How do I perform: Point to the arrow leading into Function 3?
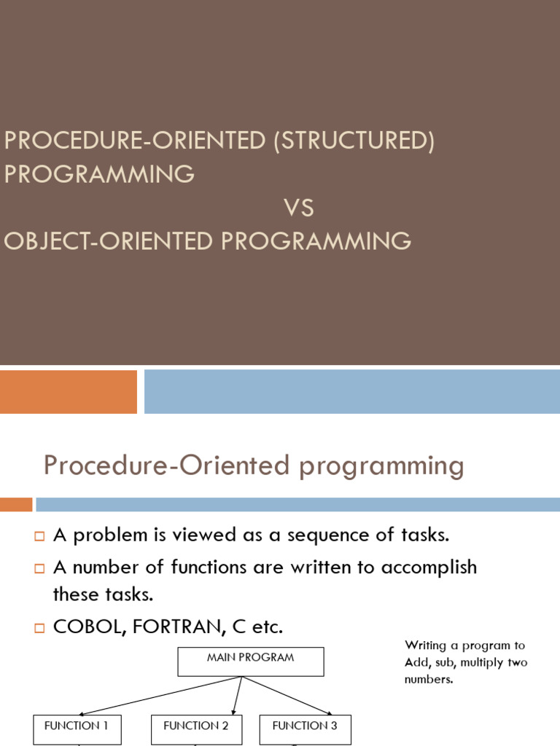(288, 695)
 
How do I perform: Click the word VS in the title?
(299, 208)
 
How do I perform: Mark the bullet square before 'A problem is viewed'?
(39, 537)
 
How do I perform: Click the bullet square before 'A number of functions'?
(39, 568)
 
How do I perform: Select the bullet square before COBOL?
(39, 627)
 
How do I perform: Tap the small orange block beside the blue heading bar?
(16, 504)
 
